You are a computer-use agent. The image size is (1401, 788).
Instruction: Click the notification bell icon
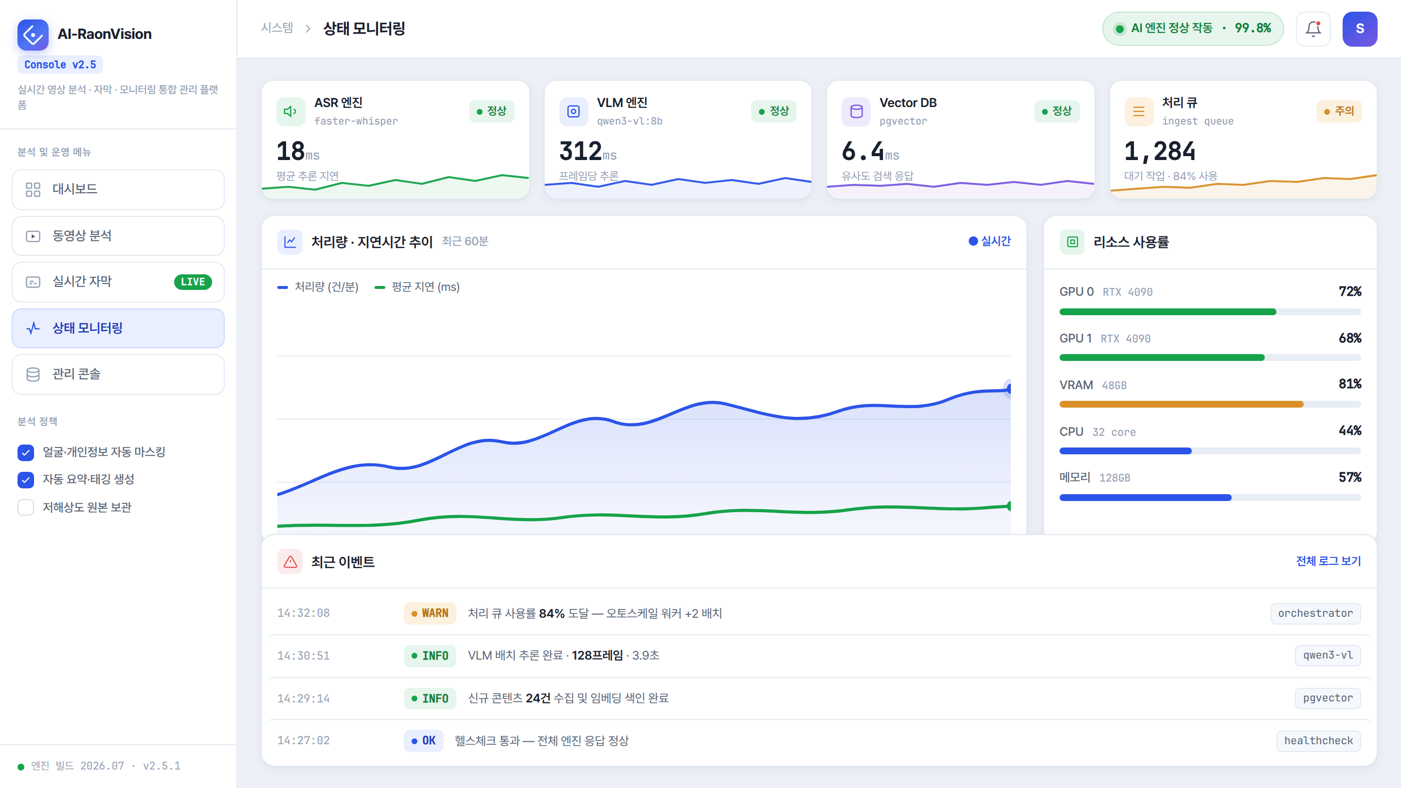pos(1313,29)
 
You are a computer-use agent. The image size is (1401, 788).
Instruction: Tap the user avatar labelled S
pos(1359,29)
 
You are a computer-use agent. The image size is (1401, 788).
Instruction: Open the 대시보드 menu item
pos(118,189)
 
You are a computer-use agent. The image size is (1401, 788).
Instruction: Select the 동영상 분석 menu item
pos(118,236)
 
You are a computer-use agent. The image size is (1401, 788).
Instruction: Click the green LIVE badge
pos(193,282)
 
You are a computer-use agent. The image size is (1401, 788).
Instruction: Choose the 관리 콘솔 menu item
pos(118,374)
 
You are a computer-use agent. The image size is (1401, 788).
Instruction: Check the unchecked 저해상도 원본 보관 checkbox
pos(26,507)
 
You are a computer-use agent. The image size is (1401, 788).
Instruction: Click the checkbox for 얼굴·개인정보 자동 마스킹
pos(26,452)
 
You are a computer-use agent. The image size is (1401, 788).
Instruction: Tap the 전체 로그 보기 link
pos(1328,561)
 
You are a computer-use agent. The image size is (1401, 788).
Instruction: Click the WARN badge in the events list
pos(430,613)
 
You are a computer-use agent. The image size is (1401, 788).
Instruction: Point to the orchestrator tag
pos(1315,613)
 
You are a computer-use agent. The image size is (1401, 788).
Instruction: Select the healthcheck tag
pos(1318,741)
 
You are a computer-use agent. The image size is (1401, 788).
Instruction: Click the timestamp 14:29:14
pos(304,698)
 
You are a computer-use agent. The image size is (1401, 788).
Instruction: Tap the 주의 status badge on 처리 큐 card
pos(1339,111)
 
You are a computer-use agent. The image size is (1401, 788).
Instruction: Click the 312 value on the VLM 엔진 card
pos(580,151)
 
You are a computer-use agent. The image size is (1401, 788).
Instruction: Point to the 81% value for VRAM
pos(1350,384)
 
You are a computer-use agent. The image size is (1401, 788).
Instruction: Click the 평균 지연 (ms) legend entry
pos(417,287)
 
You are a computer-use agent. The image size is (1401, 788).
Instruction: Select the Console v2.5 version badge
pos(60,65)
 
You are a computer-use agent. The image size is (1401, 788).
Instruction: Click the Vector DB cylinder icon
pos(856,111)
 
